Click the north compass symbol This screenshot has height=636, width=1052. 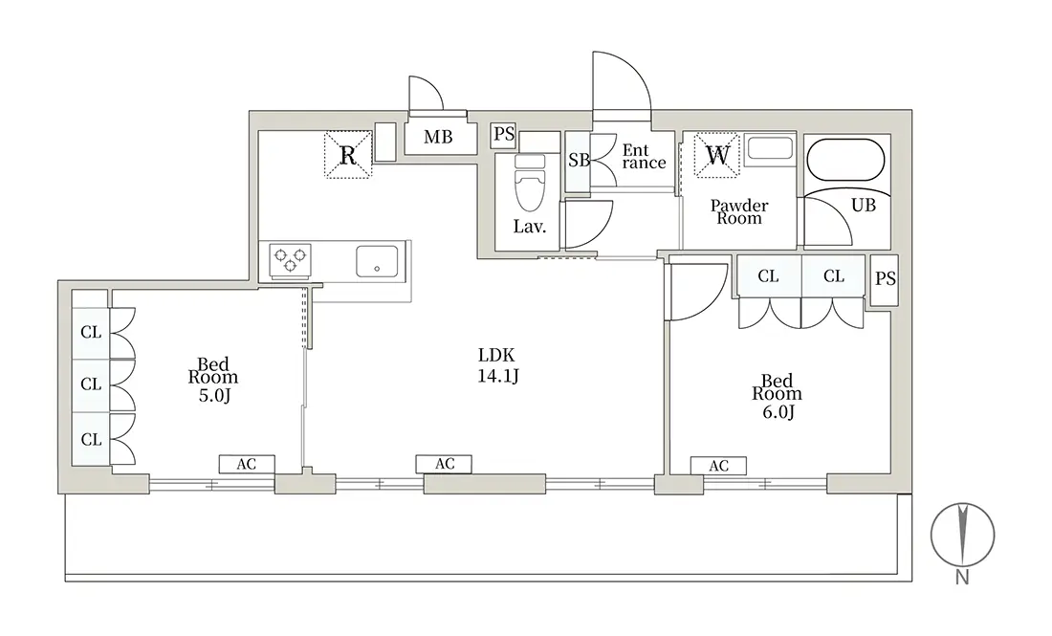click(962, 536)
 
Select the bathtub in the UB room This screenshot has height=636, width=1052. click(845, 160)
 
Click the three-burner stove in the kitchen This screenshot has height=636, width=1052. click(291, 259)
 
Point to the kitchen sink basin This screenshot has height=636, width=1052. click(377, 261)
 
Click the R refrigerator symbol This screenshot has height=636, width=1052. click(347, 155)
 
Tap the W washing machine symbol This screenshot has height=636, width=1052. click(716, 155)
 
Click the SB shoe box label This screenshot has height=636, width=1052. click(578, 161)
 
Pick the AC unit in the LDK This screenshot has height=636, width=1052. click(444, 464)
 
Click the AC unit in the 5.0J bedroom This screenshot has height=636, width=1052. click(246, 464)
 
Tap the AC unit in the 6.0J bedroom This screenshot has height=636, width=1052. click(718, 466)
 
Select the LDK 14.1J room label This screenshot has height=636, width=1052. click(497, 365)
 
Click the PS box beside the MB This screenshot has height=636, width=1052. click(504, 135)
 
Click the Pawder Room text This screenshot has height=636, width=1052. click(738, 211)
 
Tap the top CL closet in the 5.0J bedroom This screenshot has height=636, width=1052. click(91, 332)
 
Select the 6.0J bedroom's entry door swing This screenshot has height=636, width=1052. click(699, 292)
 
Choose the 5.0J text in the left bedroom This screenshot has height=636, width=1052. click(214, 395)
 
